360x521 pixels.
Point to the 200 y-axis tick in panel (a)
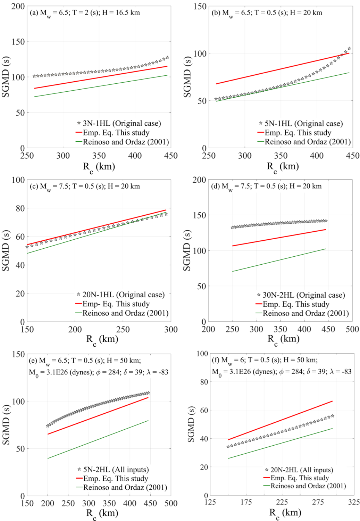tap(18, 7)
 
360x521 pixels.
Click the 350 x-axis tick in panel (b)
tap(281, 156)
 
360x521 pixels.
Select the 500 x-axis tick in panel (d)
tap(352, 329)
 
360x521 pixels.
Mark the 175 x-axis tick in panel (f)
tap(246, 502)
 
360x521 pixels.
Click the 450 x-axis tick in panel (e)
tap(150, 503)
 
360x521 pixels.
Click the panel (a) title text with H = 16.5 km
tap(85, 13)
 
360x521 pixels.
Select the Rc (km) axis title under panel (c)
tap(102, 340)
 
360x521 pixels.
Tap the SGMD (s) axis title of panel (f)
tap(191, 424)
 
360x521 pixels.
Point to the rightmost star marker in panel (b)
tap(349, 49)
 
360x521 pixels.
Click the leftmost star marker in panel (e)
tap(48, 426)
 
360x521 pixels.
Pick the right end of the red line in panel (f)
tap(332, 401)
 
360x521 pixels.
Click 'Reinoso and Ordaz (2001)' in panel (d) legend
tap(305, 313)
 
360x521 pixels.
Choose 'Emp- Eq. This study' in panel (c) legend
tap(116, 304)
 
